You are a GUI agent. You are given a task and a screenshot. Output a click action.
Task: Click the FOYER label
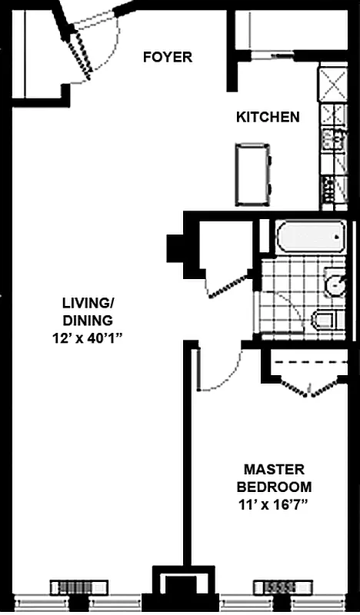click(167, 57)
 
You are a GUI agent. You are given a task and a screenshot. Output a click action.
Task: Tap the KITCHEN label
click(267, 118)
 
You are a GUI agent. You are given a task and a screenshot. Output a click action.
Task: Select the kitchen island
click(252, 175)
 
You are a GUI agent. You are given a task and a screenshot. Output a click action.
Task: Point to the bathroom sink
click(335, 284)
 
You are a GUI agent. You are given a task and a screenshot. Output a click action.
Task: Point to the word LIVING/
click(88, 304)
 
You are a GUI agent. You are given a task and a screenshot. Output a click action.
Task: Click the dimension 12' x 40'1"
click(88, 336)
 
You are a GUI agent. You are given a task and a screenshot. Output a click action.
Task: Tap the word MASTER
click(274, 469)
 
